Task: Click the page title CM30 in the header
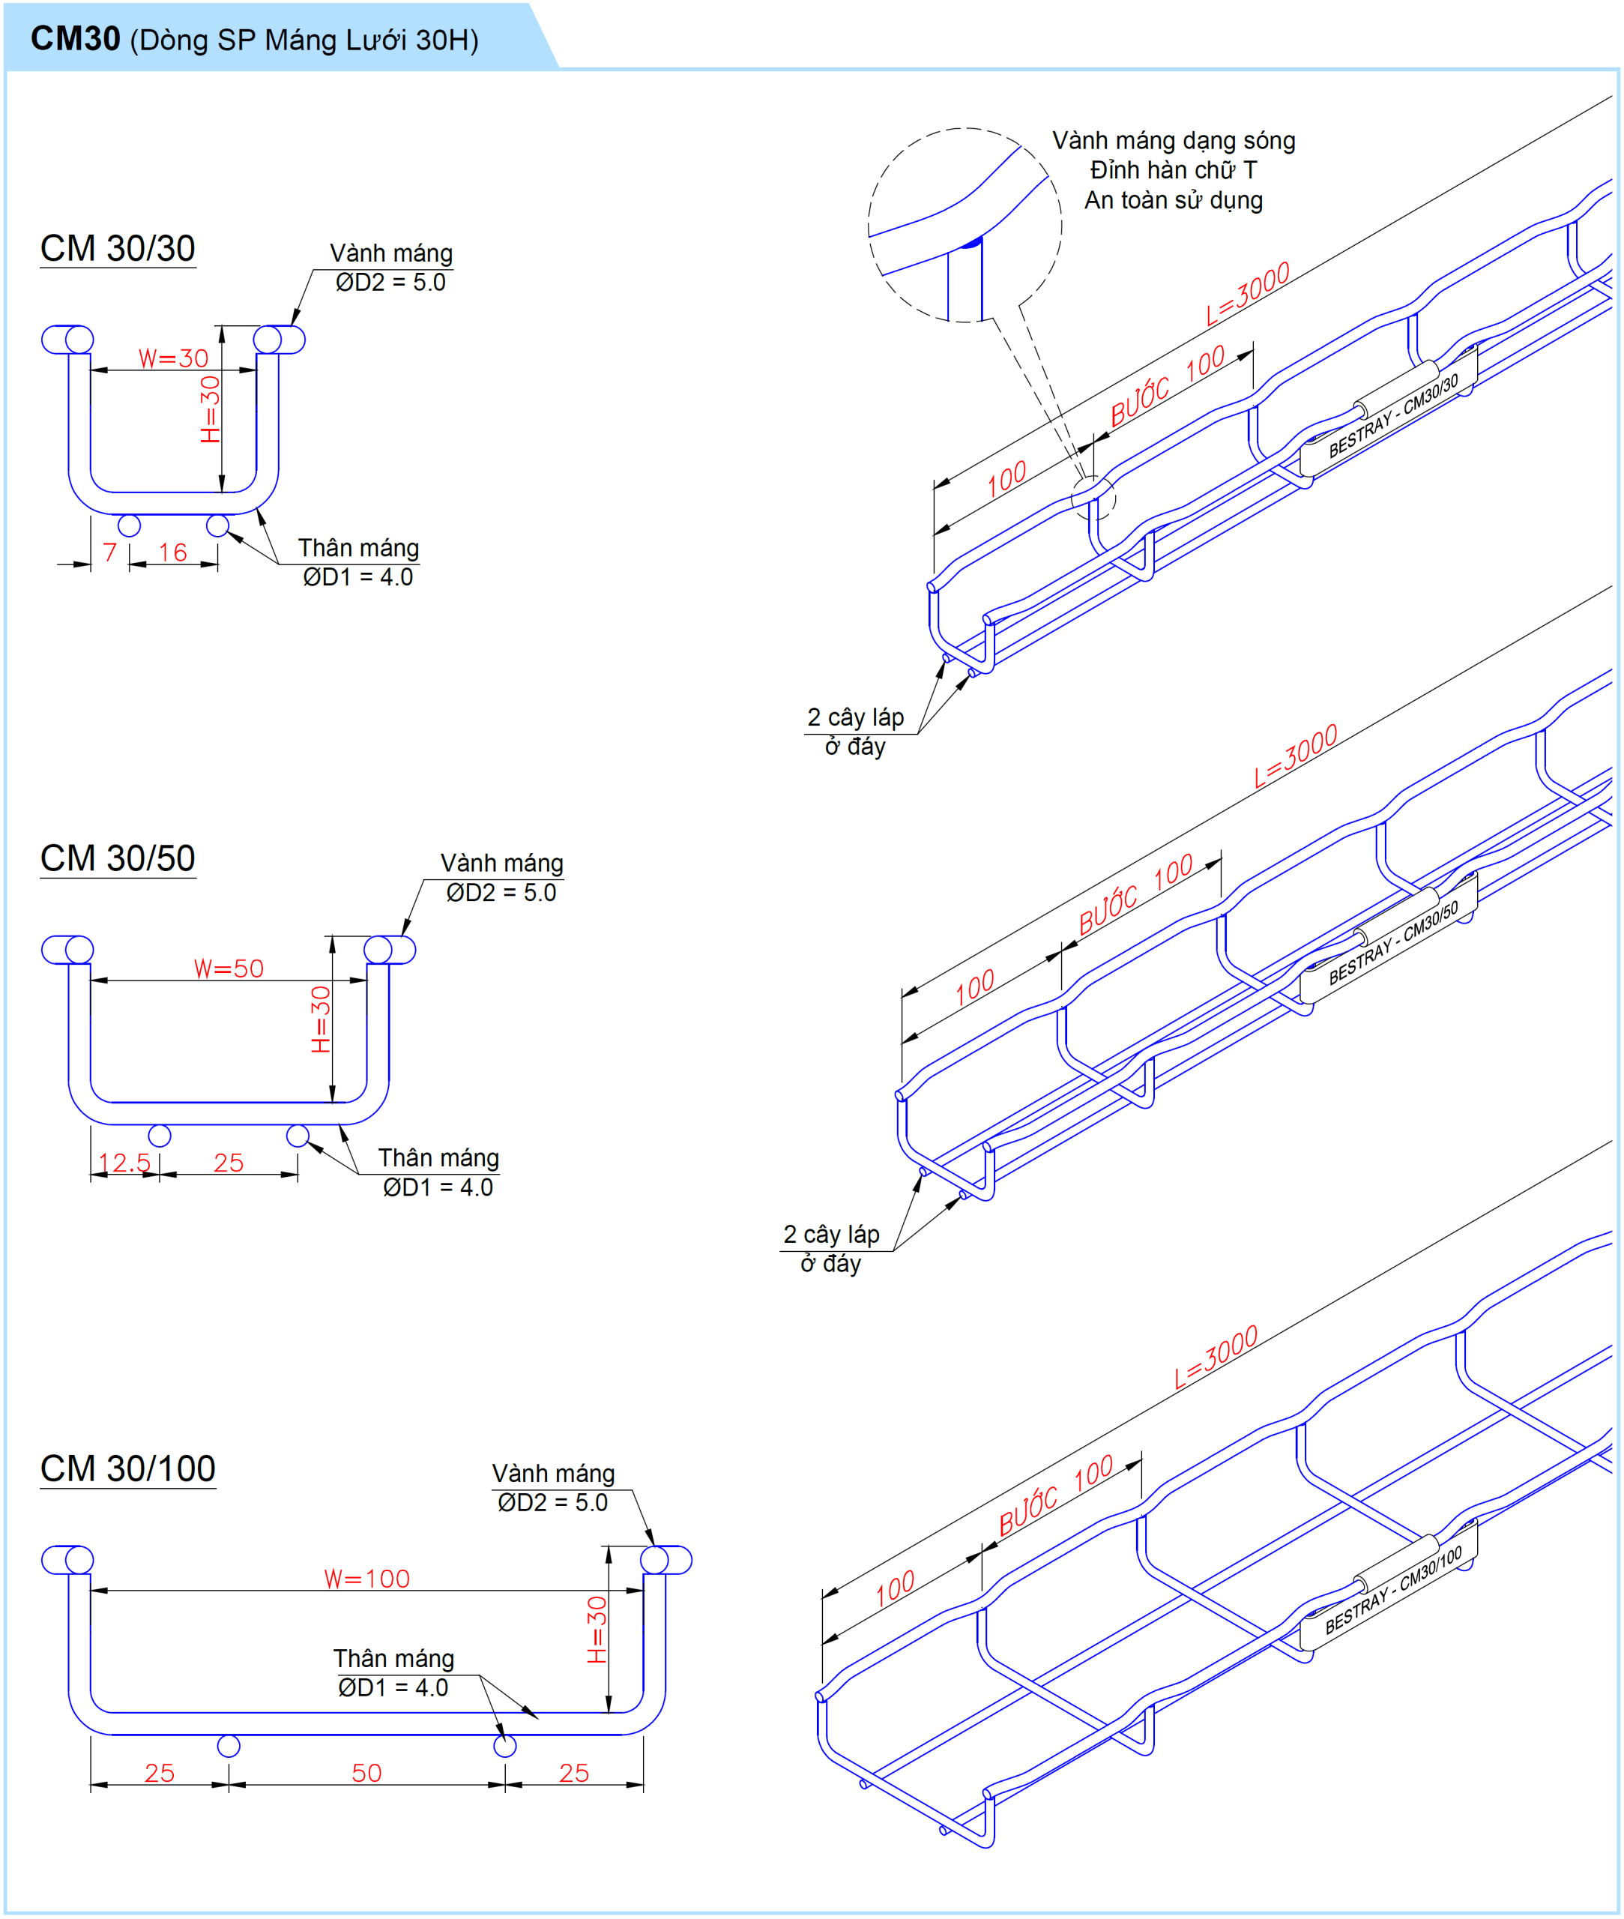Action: tap(76, 39)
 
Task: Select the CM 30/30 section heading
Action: tap(117, 249)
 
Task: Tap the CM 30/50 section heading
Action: tap(117, 858)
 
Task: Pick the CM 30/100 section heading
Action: tap(127, 1468)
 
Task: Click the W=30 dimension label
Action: tap(173, 358)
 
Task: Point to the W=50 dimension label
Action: tap(229, 968)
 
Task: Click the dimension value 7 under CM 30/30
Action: tap(109, 552)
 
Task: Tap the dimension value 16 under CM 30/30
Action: tap(172, 552)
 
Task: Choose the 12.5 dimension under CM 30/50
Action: tap(124, 1163)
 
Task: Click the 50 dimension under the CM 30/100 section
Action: tap(366, 1774)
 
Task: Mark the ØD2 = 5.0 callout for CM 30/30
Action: tap(390, 283)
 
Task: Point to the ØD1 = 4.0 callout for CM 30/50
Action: tap(438, 1188)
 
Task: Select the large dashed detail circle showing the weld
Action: tap(964, 226)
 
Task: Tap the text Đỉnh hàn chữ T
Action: tap(1174, 170)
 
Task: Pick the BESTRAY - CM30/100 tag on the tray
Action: tap(1392, 1591)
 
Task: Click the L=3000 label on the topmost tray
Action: tap(1248, 294)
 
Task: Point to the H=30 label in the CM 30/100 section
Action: tap(597, 1629)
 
